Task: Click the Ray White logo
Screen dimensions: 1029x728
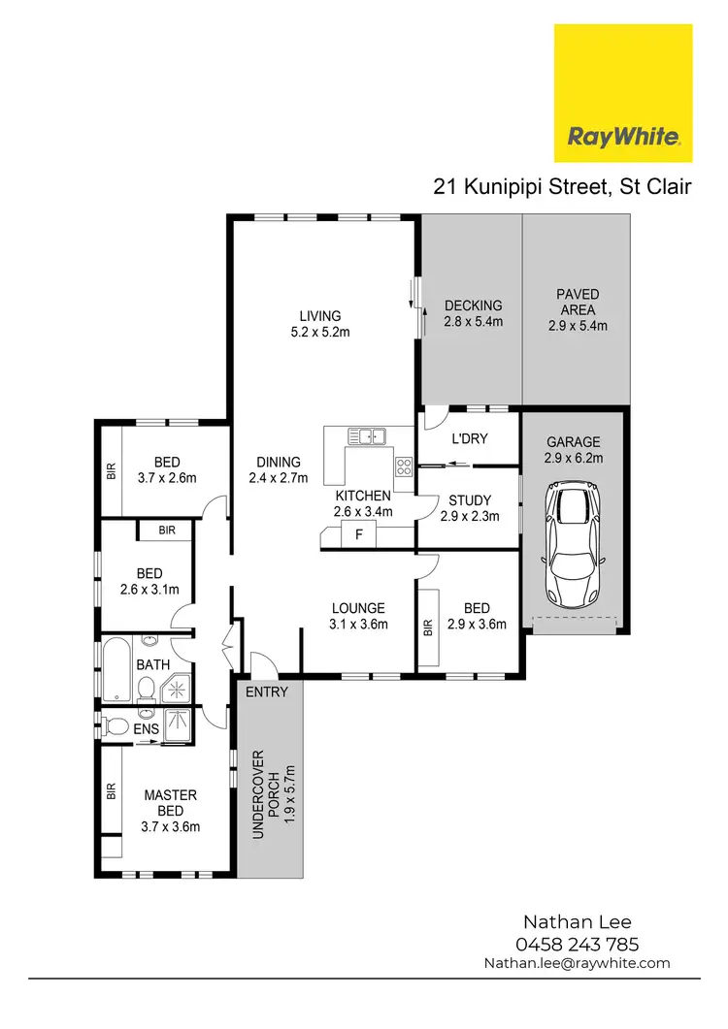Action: (622, 93)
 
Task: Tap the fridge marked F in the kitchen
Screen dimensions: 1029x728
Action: (359, 534)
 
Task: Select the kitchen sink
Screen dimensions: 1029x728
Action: (368, 436)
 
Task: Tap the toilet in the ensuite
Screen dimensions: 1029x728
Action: (117, 725)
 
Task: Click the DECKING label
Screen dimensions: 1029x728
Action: (473, 306)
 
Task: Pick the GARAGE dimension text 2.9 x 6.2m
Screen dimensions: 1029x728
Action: (573, 458)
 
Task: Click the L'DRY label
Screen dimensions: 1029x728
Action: (470, 438)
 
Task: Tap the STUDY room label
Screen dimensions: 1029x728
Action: (470, 500)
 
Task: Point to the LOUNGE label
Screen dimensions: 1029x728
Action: (358, 609)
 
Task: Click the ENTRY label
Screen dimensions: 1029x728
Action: (267, 691)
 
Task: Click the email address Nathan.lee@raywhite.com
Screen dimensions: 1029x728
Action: (577, 963)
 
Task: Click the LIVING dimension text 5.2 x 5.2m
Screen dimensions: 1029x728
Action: (319, 333)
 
